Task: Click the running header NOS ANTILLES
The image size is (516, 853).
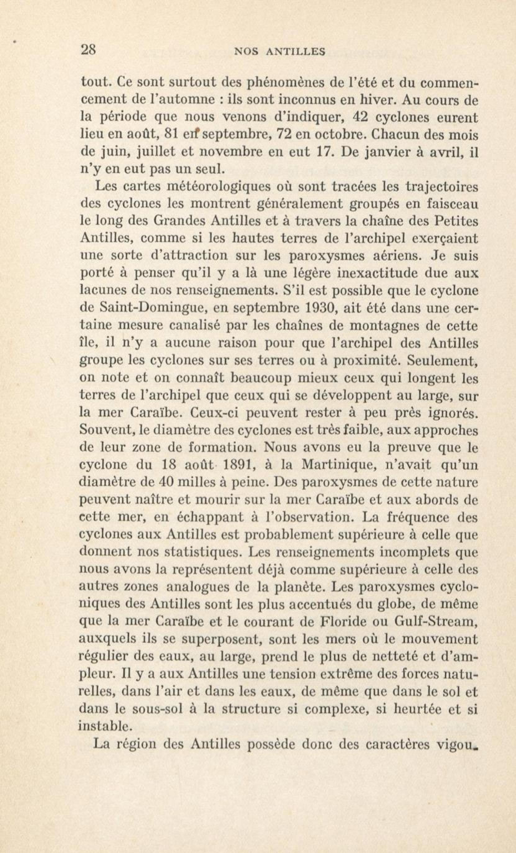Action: point(280,52)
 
